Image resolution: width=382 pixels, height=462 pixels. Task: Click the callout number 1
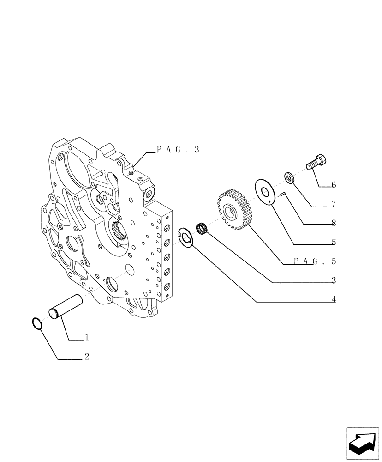pyautogui.click(x=86, y=338)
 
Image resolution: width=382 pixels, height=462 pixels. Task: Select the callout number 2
pyautogui.click(x=86, y=357)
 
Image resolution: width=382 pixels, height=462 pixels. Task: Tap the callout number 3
pyautogui.click(x=333, y=280)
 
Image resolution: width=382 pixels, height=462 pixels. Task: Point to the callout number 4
pyautogui.click(x=333, y=299)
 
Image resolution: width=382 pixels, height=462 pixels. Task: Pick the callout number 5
pyautogui.click(x=333, y=242)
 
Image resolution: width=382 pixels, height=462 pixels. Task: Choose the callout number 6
pyautogui.click(x=333, y=185)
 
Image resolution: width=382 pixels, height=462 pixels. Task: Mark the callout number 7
pyautogui.click(x=333, y=204)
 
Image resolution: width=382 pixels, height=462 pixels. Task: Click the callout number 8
pyautogui.click(x=333, y=223)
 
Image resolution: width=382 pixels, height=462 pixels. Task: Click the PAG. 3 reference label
pyautogui.click(x=178, y=149)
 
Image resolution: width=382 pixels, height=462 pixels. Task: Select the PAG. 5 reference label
pyautogui.click(x=315, y=261)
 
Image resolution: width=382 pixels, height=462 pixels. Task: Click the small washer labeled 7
pyautogui.click(x=290, y=177)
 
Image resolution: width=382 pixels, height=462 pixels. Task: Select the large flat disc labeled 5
pyautogui.click(x=265, y=192)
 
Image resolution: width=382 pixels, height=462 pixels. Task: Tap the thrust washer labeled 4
pyautogui.click(x=186, y=237)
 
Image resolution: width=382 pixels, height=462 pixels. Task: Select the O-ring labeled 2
pyautogui.click(x=38, y=324)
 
